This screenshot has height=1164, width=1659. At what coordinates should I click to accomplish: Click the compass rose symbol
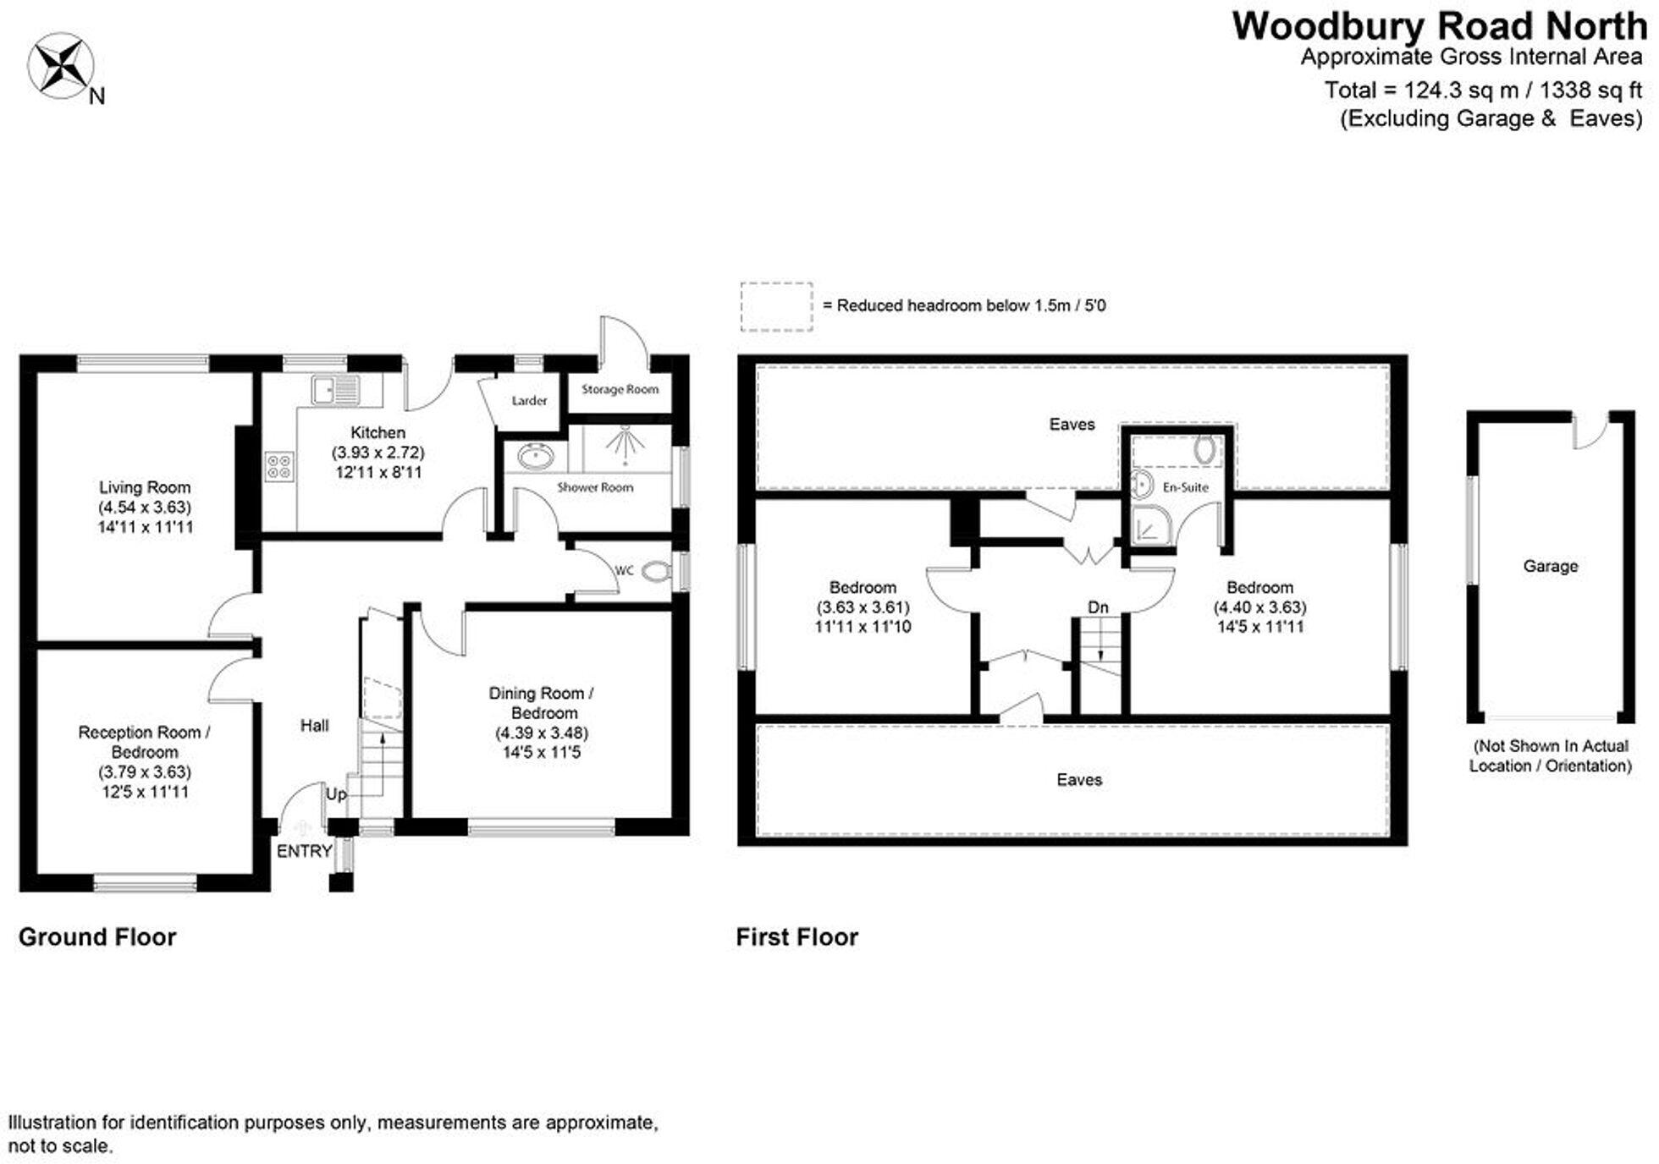60,66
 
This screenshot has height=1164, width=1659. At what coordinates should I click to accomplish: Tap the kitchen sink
335,391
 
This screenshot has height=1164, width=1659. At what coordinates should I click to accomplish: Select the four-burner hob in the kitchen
279,466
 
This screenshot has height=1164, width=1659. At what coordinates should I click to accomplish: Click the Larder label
529,401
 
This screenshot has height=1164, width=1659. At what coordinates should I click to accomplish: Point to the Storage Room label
620,390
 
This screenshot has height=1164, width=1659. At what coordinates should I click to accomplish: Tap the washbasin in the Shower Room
535,458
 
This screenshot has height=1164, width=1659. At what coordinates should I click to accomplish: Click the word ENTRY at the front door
304,851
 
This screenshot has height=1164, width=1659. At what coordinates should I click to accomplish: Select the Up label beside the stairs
336,794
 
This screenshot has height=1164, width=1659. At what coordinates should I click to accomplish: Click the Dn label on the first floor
1098,607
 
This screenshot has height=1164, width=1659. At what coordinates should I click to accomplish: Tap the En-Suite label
1185,487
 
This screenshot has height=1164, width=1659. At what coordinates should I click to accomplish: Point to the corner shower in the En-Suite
1149,524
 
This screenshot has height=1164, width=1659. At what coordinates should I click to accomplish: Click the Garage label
1550,566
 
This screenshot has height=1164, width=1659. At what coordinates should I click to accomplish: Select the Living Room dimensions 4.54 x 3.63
145,508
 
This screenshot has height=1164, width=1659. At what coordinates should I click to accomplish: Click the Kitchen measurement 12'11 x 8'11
378,472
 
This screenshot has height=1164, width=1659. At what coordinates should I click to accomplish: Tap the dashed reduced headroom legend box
776,306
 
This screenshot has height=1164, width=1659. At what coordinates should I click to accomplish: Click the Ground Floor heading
97,936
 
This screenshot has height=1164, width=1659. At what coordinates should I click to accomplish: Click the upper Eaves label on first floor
1072,424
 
